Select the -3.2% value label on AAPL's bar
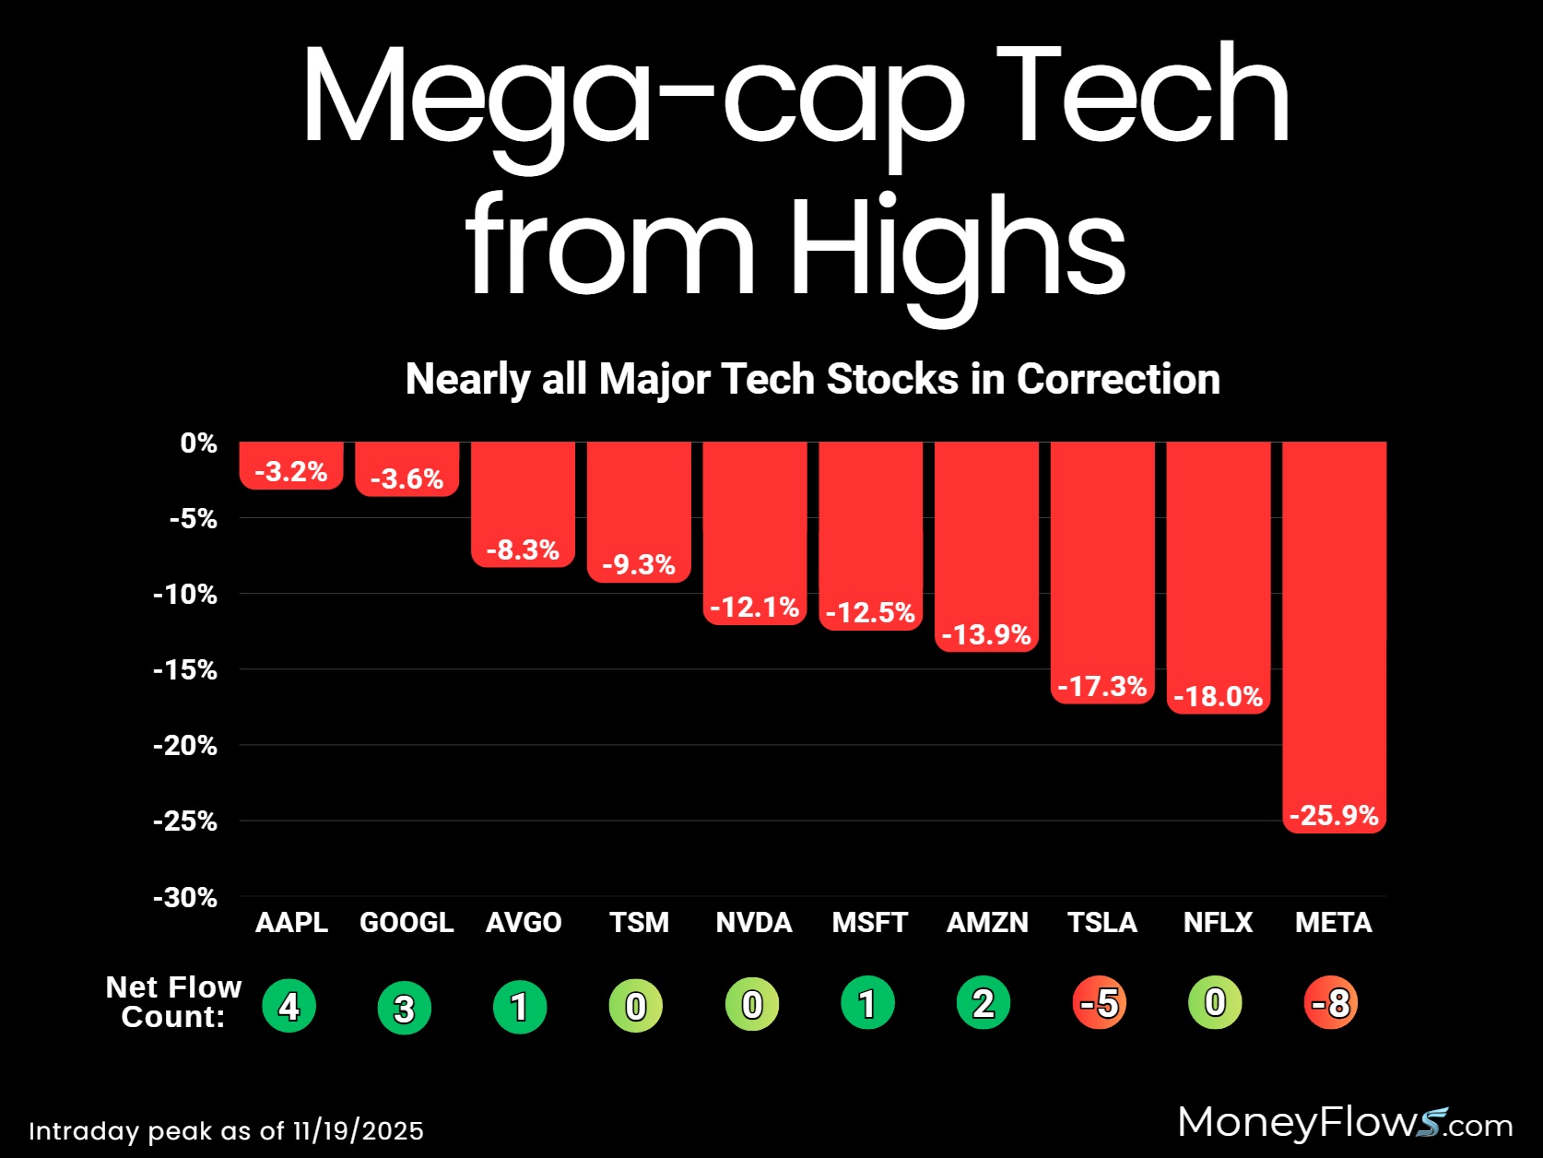291,472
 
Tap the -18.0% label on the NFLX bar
1218,696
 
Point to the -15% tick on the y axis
185,670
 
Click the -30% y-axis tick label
185,897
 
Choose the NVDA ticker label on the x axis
754,923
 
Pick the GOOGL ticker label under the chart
406,923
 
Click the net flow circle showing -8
1332,1003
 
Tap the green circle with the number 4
289,1006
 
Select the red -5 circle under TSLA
1100,1003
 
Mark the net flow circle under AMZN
984,1003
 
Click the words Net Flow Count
173,1002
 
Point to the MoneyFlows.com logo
1345,1123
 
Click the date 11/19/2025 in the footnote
359,1131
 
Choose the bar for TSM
639,507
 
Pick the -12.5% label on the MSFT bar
870,613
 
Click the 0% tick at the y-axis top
198,443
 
